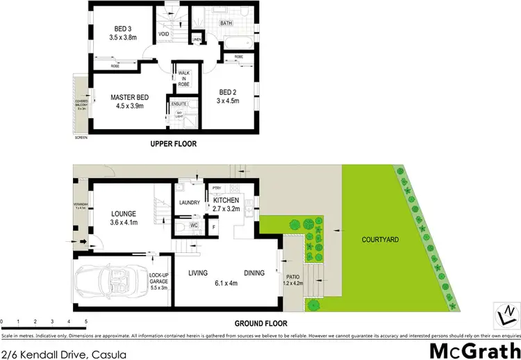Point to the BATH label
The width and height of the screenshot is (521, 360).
point(226,23)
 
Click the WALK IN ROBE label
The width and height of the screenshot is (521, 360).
point(184,79)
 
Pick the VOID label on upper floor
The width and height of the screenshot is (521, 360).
point(165,33)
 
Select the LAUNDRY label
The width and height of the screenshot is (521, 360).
point(190,203)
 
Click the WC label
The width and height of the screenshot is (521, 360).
point(194,225)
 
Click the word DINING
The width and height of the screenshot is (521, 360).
point(254,273)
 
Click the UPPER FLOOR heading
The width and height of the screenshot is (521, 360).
point(174,145)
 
